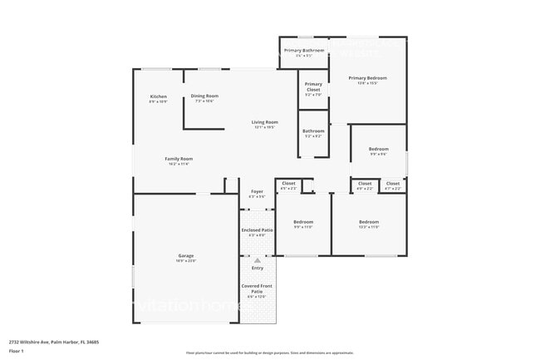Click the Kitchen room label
pyautogui.click(x=159, y=98)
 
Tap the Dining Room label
pyautogui.click(x=204, y=96)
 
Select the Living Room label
pyautogui.click(x=263, y=123)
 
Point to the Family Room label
pyautogui.click(x=179, y=160)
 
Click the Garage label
pyautogui.click(x=185, y=256)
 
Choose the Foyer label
pyautogui.click(x=257, y=192)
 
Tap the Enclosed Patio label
pyautogui.click(x=257, y=230)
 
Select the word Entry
pyautogui.click(x=257, y=268)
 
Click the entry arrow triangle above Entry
pyautogui.click(x=257, y=259)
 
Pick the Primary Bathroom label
pyautogui.click(x=303, y=52)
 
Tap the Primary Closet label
pyautogui.click(x=313, y=86)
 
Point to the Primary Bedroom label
pyautogui.click(x=367, y=78)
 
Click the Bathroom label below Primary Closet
pyautogui.click(x=313, y=131)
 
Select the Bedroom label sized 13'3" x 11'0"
pyautogui.click(x=369, y=222)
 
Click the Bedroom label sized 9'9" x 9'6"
pyautogui.click(x=378, y=150)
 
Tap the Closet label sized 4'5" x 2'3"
pyautogui.click(x=288, y=184)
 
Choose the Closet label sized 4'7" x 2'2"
pyautogui.click(x=393, y=184)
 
